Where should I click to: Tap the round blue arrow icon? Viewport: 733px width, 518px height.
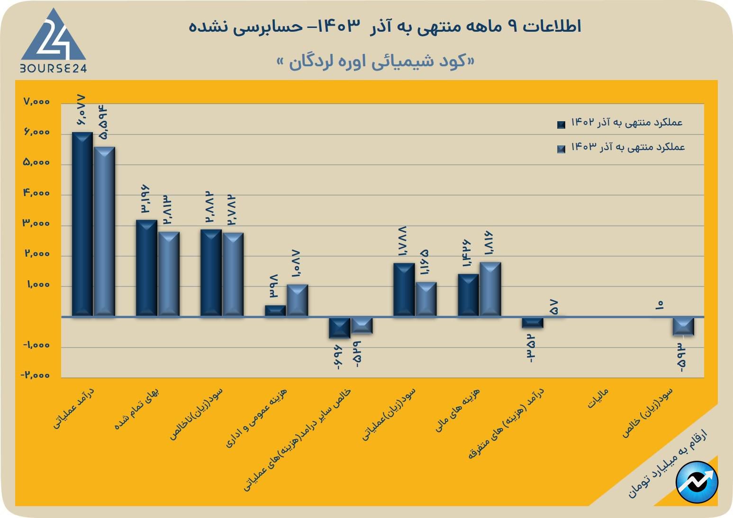(697, 482)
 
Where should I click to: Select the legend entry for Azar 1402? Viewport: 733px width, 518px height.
(621, 123)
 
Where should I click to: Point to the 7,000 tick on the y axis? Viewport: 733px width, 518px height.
(36, 102)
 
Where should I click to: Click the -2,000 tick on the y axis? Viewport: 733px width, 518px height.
(35, 375)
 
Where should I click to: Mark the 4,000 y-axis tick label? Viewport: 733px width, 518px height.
(36, 193)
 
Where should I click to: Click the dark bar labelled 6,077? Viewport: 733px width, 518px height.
(82, 223)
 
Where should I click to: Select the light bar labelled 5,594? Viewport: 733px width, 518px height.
(104, 231)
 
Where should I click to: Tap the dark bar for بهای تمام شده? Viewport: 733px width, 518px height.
(146, 268)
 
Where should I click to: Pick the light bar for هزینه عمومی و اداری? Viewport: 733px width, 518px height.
(297, 300)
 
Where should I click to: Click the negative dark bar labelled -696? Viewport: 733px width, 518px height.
(340, 328)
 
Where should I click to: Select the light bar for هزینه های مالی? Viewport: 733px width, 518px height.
(490, 289)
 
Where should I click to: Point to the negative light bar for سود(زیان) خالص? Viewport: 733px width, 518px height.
(683, 326)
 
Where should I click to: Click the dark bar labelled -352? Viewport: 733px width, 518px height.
(533, 322)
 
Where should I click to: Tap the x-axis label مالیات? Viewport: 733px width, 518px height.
(597, 399)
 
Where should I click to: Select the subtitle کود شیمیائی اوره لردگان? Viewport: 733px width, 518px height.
(375, 62)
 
